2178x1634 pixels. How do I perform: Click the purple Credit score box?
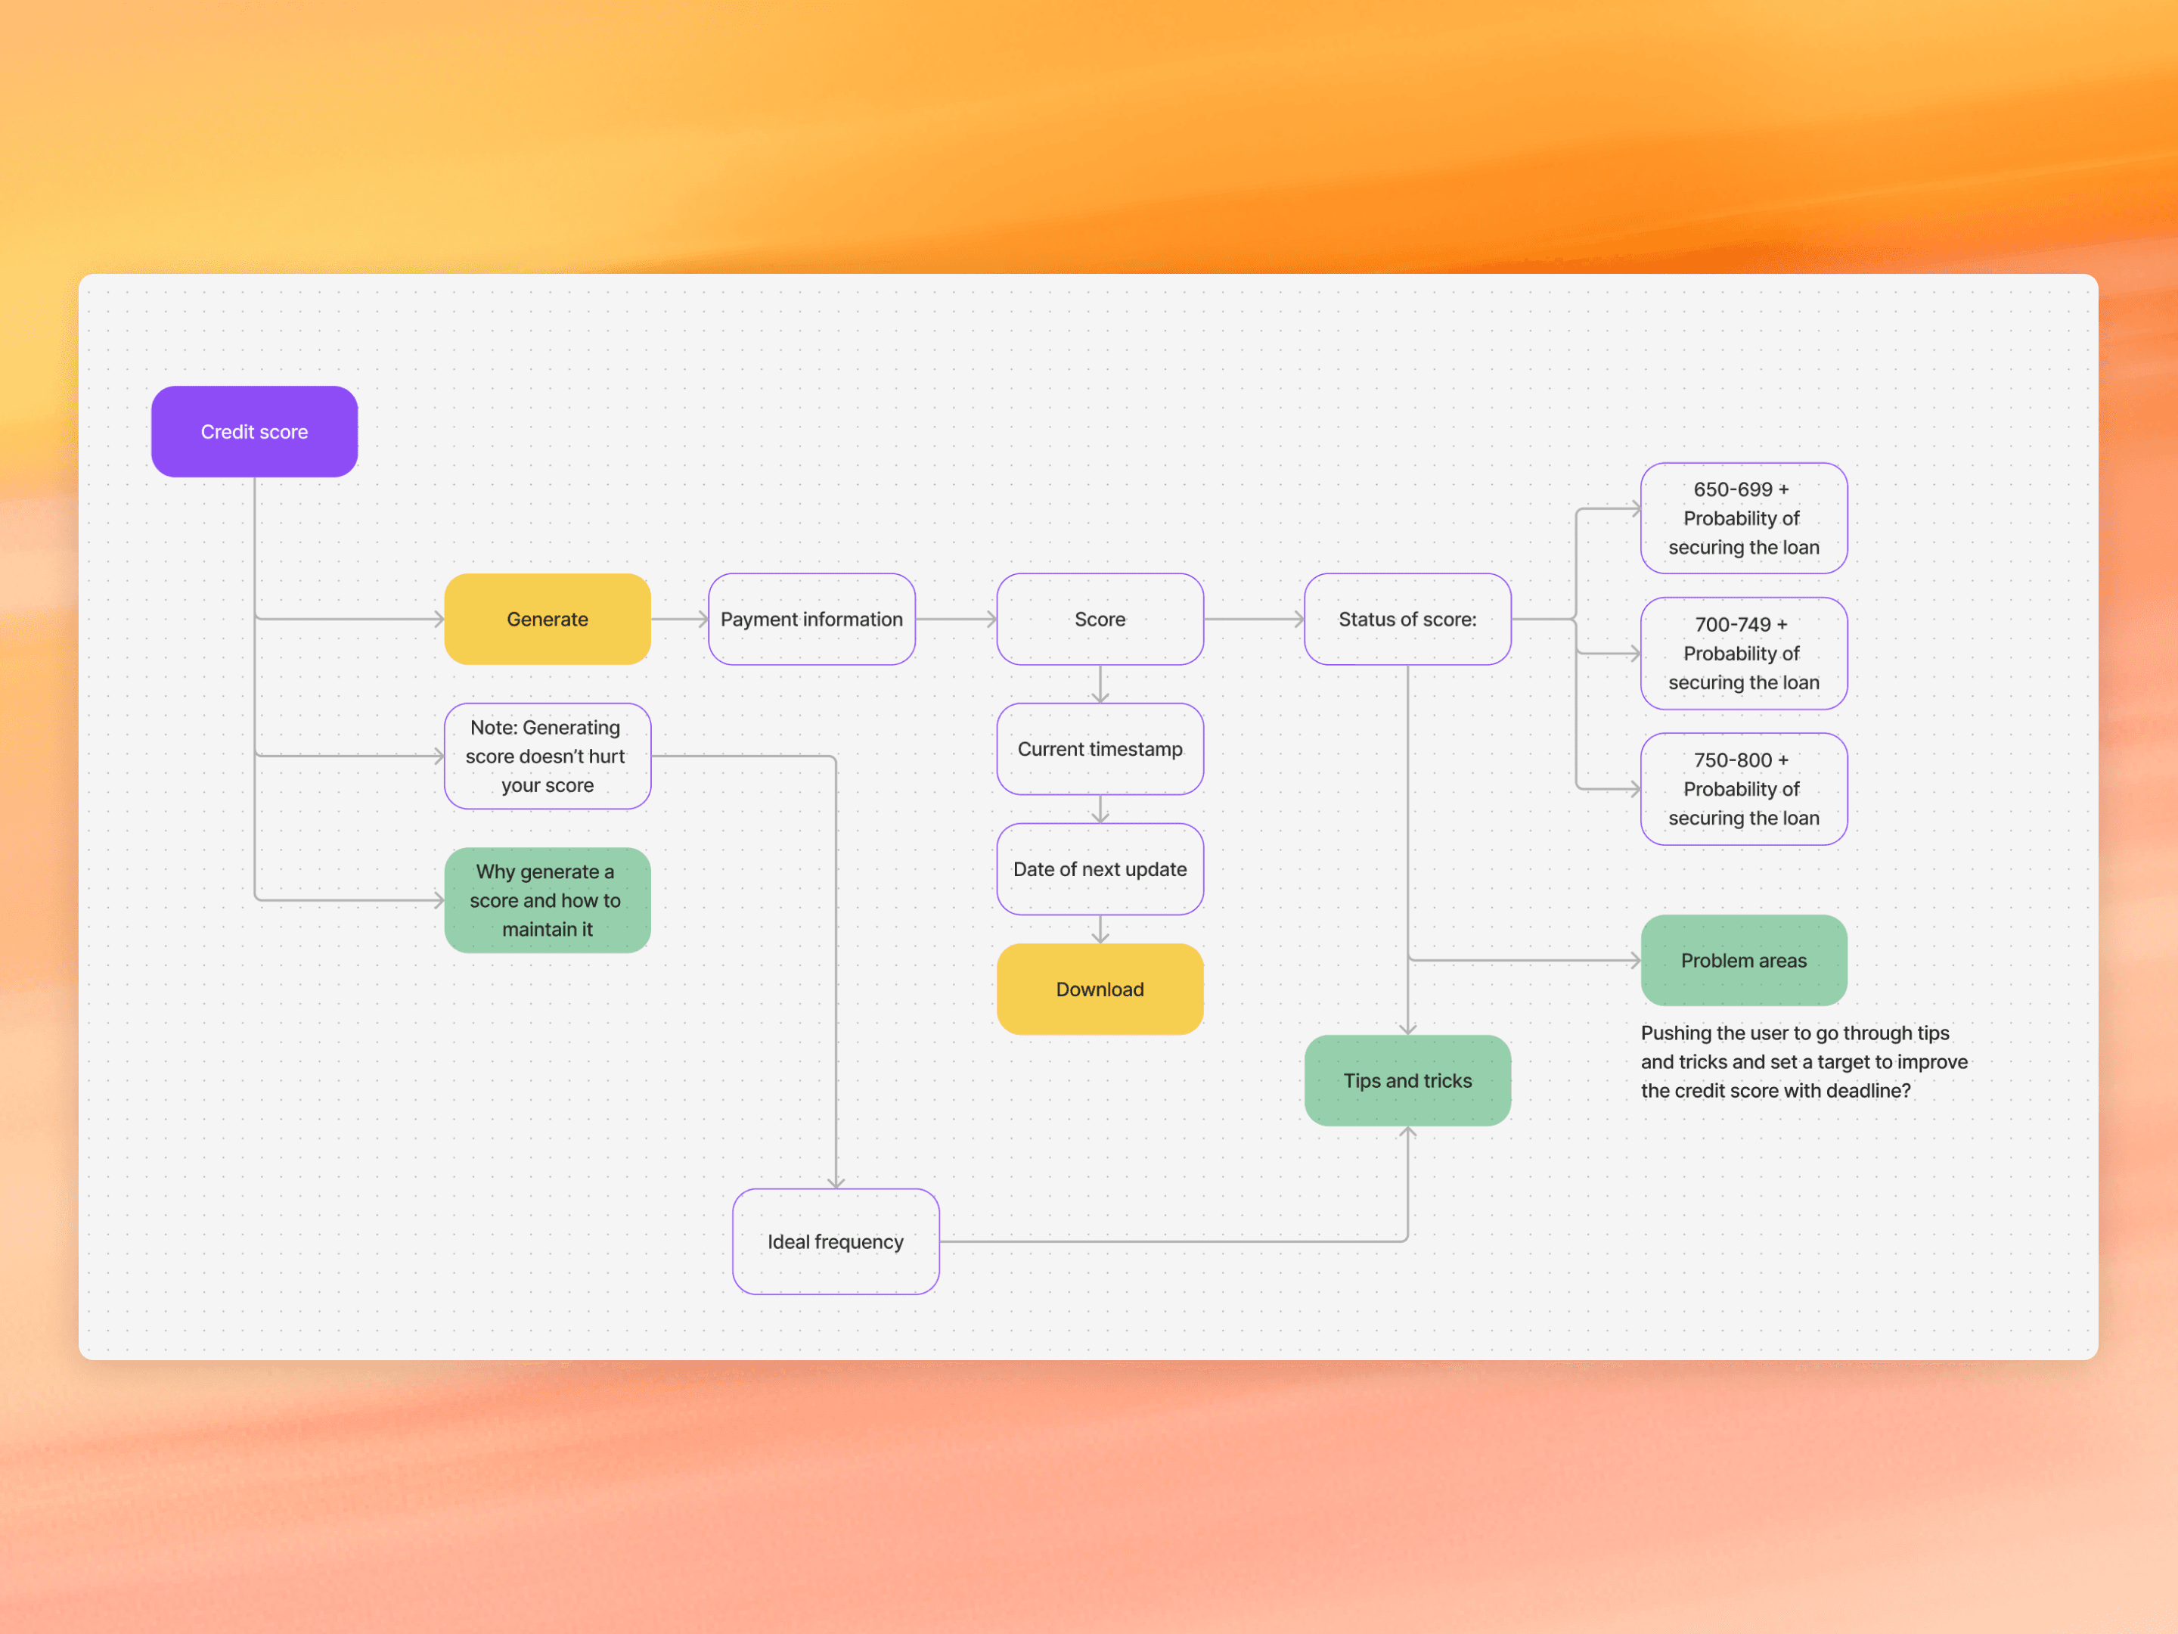point(254,431)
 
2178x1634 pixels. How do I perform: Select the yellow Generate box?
point(548,619)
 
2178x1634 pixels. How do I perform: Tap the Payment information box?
point(811,619)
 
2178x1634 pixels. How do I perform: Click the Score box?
point(1100,619)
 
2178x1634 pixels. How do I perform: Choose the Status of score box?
point(1407,619)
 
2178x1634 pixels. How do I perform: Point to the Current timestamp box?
point(1100,749)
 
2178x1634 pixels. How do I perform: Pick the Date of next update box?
point(1100,868)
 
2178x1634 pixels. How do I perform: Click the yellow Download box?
point(1100,989)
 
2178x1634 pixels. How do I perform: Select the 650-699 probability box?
point(1743,518)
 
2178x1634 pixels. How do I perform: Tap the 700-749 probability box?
point(1743,653)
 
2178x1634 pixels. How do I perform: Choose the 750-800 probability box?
point(1743,789)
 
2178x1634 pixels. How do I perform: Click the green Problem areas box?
point(1743,960)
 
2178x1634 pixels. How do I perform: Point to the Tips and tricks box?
point(1407,1080)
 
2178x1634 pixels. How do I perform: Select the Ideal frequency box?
point(835,1241)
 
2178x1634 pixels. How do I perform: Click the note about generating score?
point(548,756)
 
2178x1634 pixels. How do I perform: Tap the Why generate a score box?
point(548,899)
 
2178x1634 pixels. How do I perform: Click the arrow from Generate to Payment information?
point(679,619)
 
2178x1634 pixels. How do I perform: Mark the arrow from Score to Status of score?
point(1253,619)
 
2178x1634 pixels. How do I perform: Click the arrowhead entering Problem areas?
point(1634,960)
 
